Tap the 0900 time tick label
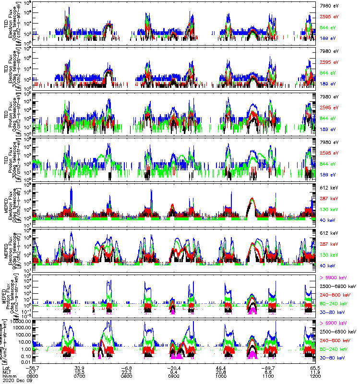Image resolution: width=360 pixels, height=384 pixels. (173, 374)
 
